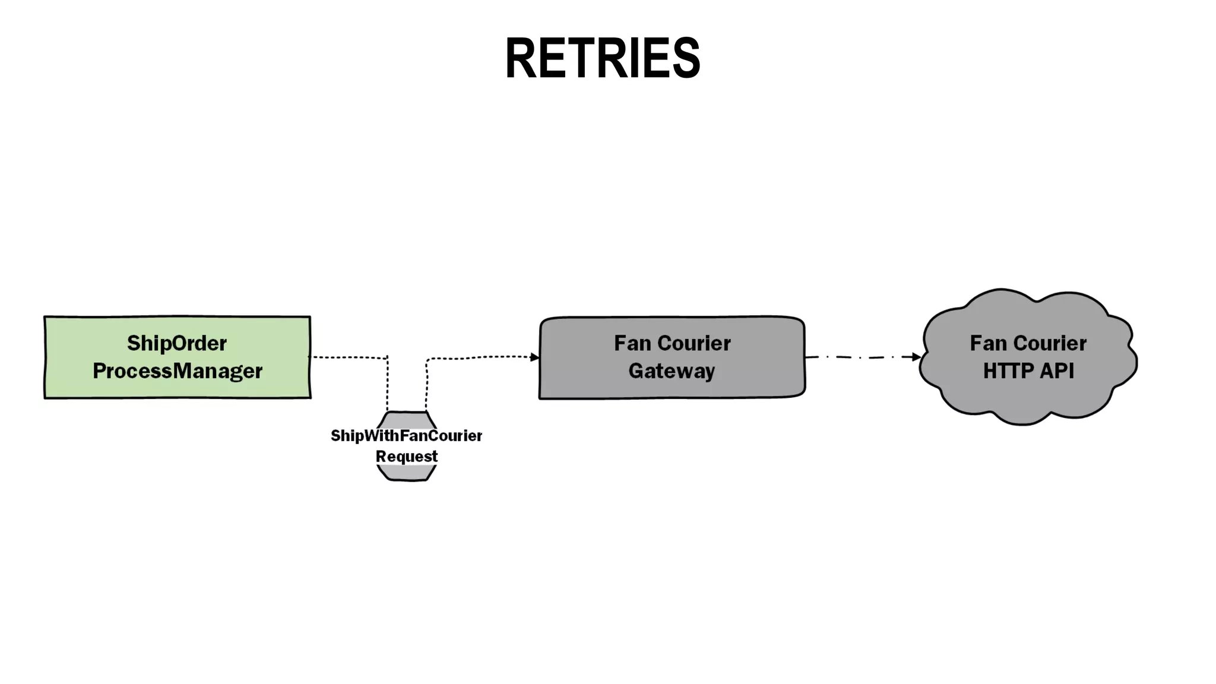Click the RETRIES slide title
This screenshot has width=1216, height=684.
[x=602, y=58]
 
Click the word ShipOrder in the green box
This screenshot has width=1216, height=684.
[x=177, y=343]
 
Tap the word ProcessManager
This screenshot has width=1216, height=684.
[x=177, y=371]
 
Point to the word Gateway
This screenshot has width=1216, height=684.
[x=672, y=371]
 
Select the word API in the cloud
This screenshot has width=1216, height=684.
[x=1058, y=371]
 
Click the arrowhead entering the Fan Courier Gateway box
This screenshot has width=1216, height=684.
[x=535, y=357]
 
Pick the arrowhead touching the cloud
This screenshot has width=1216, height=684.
[x=916, y=357]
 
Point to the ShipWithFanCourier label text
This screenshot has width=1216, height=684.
[x=406, y=436]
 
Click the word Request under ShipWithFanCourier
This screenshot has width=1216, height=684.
[x=406, y=457]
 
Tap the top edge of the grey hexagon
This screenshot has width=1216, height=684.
[x=407, y=412]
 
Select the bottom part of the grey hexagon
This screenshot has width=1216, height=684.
[x=407, y=474]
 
